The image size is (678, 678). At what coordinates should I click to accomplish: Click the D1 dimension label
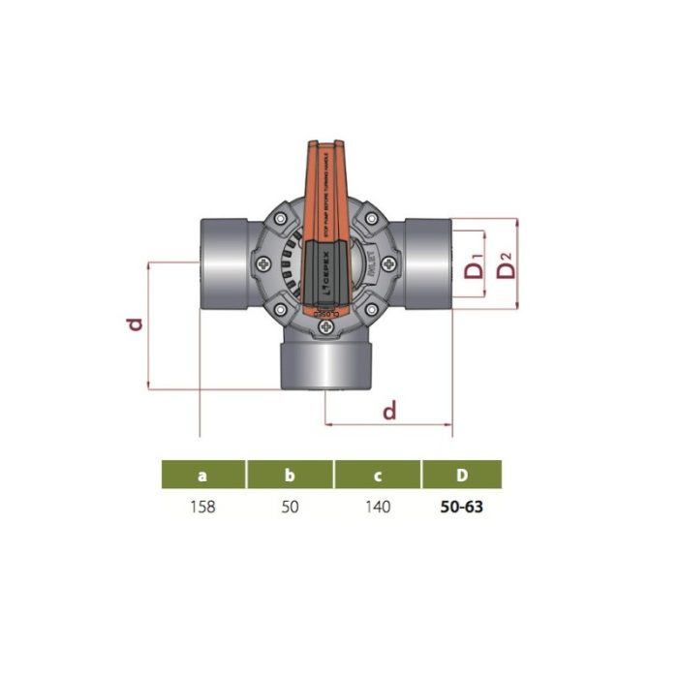pos(474,267)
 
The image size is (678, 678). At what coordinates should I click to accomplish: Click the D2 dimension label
pos(505,263)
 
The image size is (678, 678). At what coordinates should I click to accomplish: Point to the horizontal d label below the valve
pos(389,411)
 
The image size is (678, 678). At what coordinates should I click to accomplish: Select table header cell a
pos(202,476)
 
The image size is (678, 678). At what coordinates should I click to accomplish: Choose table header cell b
pos(290,476)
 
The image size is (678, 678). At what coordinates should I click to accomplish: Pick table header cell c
pos(378,476)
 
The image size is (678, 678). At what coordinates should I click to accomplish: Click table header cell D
pos(462,476)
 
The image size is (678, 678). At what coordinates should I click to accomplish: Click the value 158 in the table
pos(202,508)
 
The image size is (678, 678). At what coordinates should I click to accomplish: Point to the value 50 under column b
pos(290,508)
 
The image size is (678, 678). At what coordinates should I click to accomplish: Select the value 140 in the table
pos(378,508)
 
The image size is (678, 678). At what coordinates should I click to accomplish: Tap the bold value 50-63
pos(462,508)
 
